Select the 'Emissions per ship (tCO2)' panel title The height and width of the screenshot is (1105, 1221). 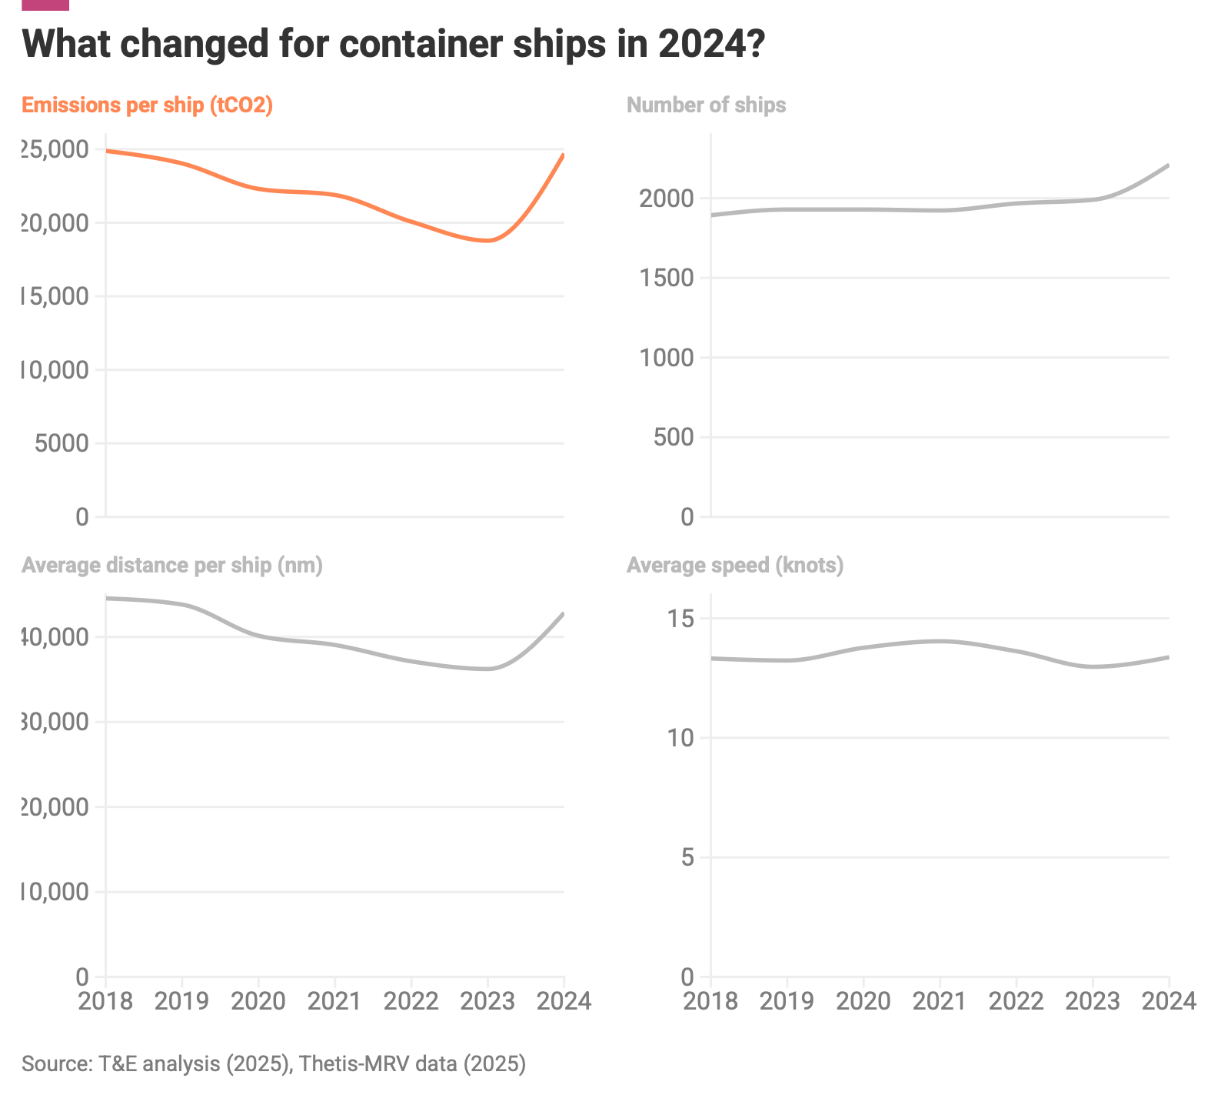pyautogui.click(x=147, y=105)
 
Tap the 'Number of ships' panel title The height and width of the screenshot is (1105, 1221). pyautogui.click(x=706, y=105)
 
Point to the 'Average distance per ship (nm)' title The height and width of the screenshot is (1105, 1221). pyautogui.click(x=172, y=566)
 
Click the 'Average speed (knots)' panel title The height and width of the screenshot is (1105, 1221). pyautogui.click(x=735, y=566)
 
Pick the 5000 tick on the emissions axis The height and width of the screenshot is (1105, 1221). pyautogui.click(x=62, y=443)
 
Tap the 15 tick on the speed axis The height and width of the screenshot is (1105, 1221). pyautogui.click(x=680, y=619)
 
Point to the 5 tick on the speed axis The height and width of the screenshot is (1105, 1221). pyautogui.click(x=687, y=857)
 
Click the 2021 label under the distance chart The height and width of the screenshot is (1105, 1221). pyautogui.click(x=334, y=1000)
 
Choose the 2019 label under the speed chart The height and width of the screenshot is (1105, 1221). pyautogui.click(x=787, y=1000)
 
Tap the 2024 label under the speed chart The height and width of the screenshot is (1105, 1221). pyautogui.click(x=1169, y=1000)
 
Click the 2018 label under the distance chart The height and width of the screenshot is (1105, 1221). pyautogui.click(x=105, y=1000)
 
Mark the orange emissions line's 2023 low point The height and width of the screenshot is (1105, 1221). pyautogui.click(x=487, y=241)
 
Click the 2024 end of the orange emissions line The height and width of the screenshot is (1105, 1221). pyautogui.click(x=563, y=155)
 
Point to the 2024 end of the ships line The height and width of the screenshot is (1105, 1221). pyautogui.click(x=1168, y=165)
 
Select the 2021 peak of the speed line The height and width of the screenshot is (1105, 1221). pyautogui.click(x=940, y=641)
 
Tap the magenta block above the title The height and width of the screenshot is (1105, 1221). pyautogui.click(x=46, y=5)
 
